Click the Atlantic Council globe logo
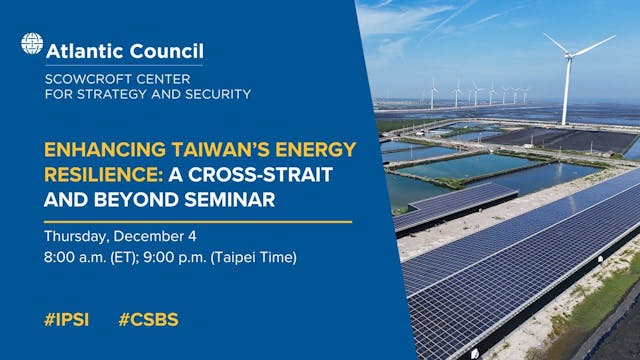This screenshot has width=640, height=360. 32,45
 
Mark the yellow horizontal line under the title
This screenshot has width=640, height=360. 198,221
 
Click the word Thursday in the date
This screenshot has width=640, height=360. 78,237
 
